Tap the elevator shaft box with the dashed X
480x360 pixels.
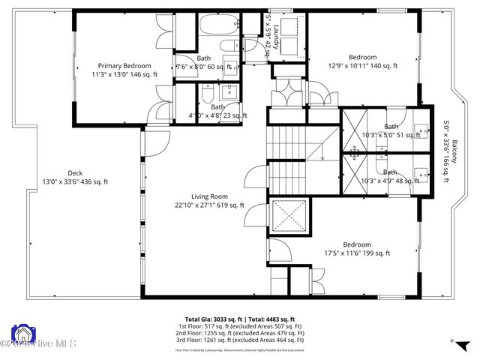(x=288, y=217)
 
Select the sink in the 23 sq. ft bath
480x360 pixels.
(x=229, y=94)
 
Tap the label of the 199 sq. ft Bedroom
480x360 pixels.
(x=356, y=244)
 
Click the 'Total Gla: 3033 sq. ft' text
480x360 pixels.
(x=212, y=319)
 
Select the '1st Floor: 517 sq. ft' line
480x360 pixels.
(x=240, y=326)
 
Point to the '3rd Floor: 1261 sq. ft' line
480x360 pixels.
(x=240, y=341)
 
